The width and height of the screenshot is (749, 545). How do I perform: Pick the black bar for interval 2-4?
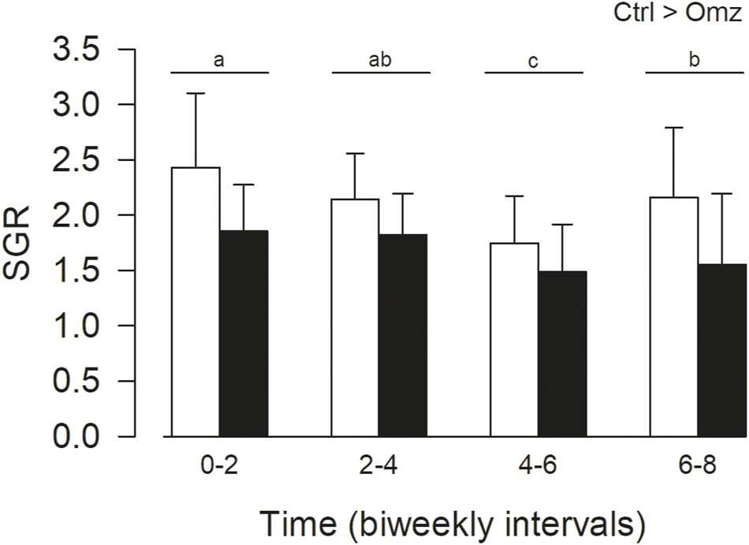[404, 334]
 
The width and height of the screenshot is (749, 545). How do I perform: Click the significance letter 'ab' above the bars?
[381, 60]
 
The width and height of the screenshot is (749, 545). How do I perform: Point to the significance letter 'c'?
[533, 61]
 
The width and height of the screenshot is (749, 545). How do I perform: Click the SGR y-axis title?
[20, 243]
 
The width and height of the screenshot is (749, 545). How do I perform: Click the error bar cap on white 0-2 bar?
[196, 93]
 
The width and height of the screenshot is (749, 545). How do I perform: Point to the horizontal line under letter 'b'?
[695, 73]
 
